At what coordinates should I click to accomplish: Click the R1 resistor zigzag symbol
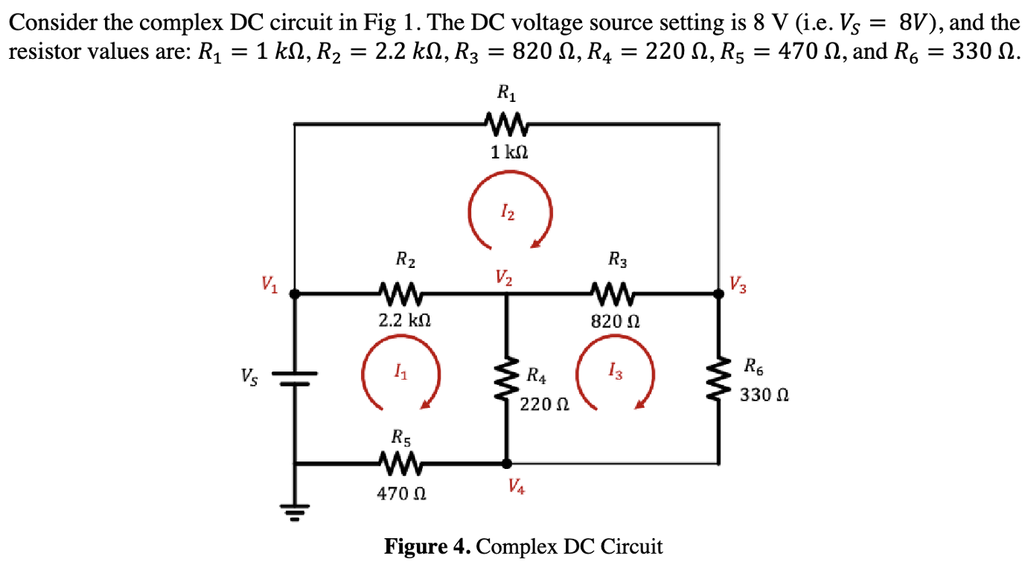click(506, 122)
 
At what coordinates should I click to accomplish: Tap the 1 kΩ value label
click(509, 153)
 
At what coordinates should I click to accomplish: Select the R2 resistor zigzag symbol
click(401, 294)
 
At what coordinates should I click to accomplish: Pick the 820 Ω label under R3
click(615, 322)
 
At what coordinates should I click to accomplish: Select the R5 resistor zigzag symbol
click(401, 463)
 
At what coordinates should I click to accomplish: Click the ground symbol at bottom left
click(295, 510)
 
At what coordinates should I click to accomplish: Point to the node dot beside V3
click(719, 294)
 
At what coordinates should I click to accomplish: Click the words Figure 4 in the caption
click(427, 547)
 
